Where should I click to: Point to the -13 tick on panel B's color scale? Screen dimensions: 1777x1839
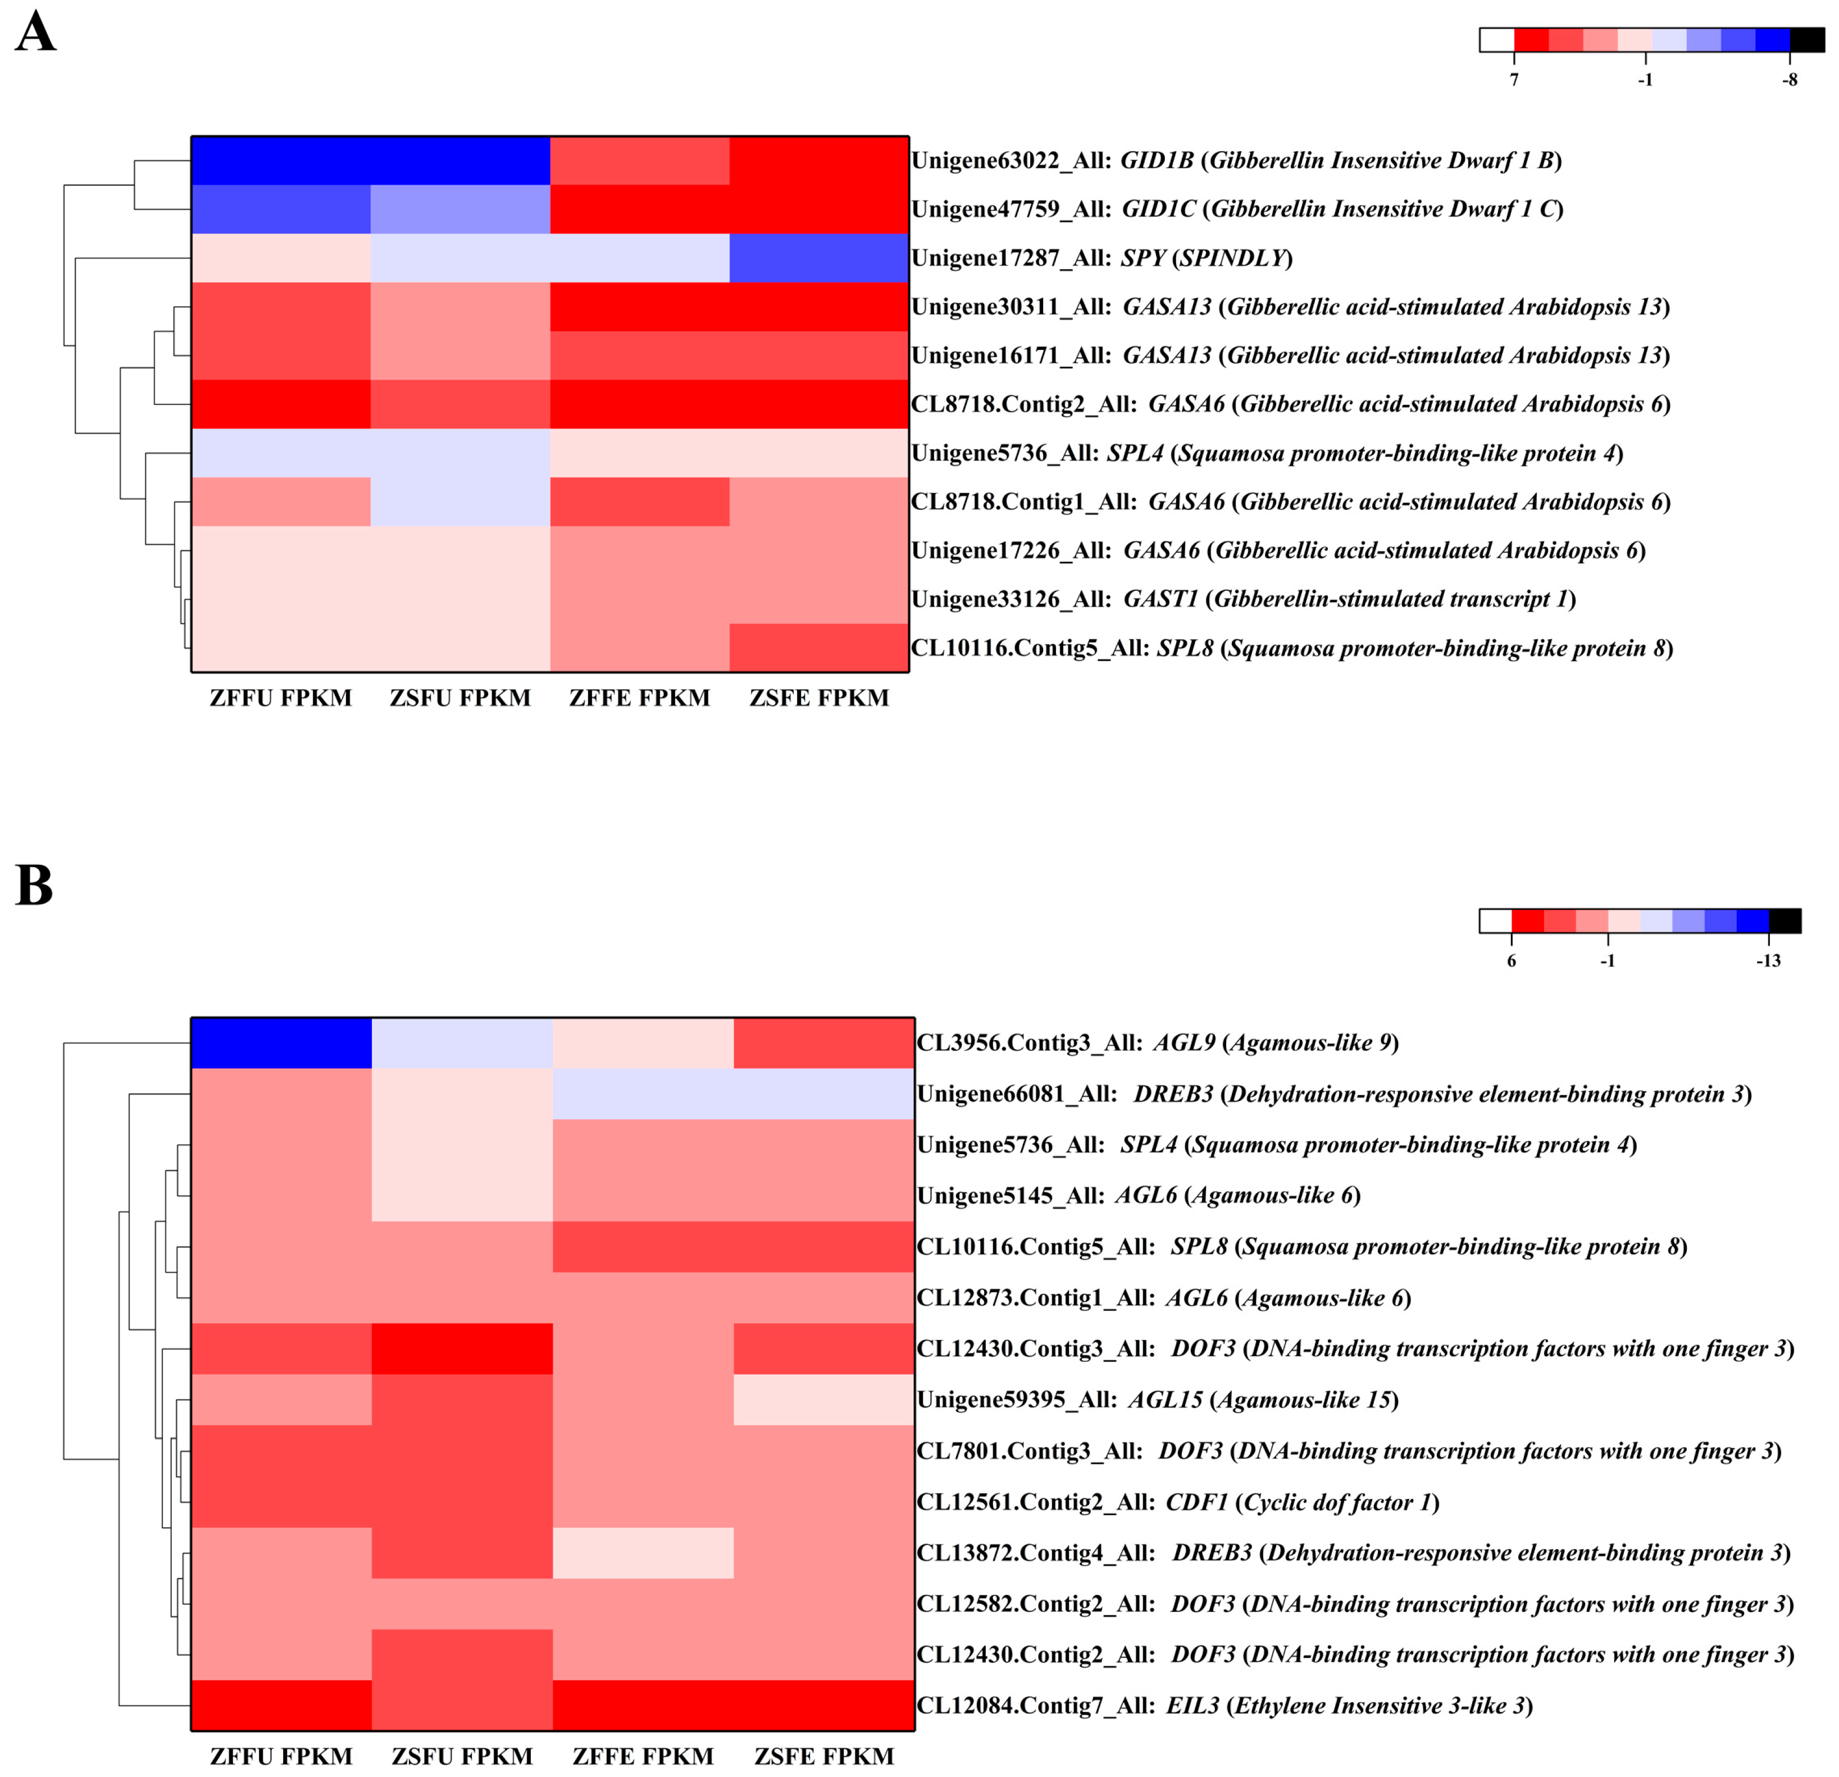pyautogui.click(x=1768, y=961)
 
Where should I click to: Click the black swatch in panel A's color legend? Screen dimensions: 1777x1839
pyautogui.click(x=1806, y=39)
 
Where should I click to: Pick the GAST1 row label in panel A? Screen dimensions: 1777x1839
pyautogui.click(x=1243, y=599)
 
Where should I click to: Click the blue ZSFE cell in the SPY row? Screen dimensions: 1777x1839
pyautogui.click(x=818, y=258)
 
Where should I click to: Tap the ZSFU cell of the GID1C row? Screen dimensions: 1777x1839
pyautogui.click(x=459, y=209)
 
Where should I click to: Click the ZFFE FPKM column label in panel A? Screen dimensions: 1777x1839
pyautogui.click(x=639, y=698)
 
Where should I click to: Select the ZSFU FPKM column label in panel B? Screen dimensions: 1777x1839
pyautogui.click(x=462, y=1756)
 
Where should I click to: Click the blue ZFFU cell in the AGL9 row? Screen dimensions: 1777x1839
pyautogui.click(x=281, y=1042)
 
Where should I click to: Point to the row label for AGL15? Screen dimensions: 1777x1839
pyautogui.click(x=1157, y=1400)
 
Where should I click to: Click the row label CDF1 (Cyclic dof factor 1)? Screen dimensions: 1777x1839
pyautogui.click(x=1177, y=1502)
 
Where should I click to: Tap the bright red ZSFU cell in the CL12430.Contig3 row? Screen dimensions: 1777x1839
pyautogui.click(x=462, y=1348)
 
